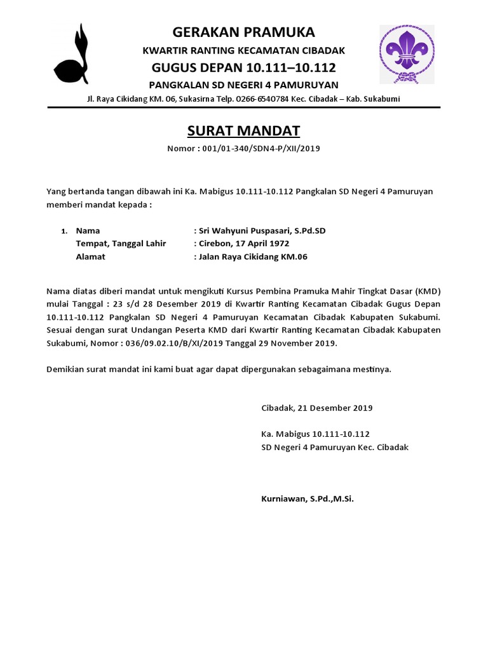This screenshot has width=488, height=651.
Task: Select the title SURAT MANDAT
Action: pos(243,131)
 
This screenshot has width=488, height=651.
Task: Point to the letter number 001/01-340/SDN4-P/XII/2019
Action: pos(261,149)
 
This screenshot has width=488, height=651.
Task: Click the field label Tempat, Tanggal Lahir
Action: pos(121,243)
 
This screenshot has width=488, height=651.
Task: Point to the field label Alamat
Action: pos(90,257)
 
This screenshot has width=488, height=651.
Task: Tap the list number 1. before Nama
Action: pos(64,231)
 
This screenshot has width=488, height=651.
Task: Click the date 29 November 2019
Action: pos(301,343)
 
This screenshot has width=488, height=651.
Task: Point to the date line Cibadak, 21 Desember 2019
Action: pos(317,408)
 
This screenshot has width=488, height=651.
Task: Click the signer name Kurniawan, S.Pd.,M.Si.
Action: pos(308,499)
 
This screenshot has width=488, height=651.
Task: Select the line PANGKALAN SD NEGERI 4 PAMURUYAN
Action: pos(243,85)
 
